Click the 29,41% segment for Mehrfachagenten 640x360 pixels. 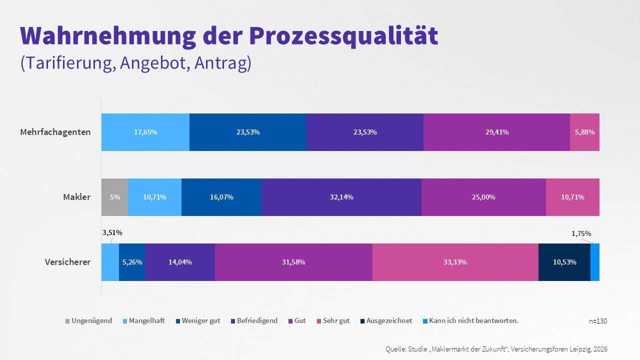click(x=496, y=132)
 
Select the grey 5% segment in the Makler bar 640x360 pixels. click(x=114, y=197)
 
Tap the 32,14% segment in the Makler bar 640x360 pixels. click(x=341, y=197)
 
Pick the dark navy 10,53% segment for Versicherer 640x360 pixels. click(x=564, y=262)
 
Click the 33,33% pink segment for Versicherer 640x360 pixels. click(x=455, y=262)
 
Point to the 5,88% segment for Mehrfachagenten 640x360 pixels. click(x=584, y=132)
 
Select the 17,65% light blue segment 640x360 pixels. click(x=145, y=132)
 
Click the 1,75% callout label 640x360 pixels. click(x=581, y=233)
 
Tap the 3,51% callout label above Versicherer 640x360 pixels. click(x=112, y=232)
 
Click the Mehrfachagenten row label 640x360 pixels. click(x=55, y=132)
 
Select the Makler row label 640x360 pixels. click(x=76, y=197)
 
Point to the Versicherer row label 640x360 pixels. click(x=67, y=262)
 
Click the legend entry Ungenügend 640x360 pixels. click(x=91, y=320)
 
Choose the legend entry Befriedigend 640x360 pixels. click(x=257, y=320)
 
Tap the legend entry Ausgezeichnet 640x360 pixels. click(x=389, y=320)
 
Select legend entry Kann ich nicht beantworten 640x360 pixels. click(x=473, y=320)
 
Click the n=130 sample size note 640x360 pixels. click(x=598, y=321)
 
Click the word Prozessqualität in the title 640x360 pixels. click(x=343, y=35)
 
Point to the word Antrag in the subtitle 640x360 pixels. click(x=222, y=63)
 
